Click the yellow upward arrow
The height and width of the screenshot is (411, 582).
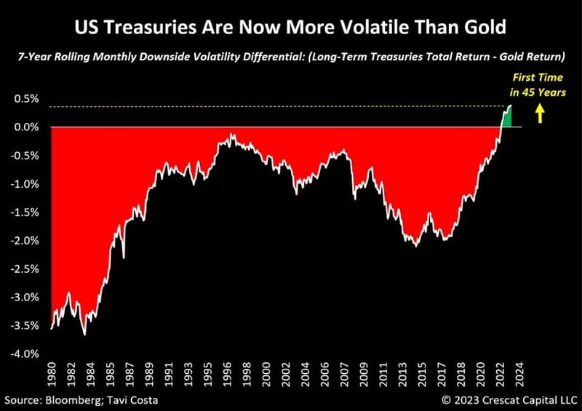(539, 113)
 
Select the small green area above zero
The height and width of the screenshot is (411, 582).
(506, 118)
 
